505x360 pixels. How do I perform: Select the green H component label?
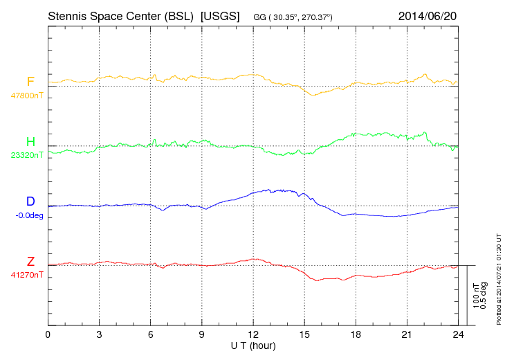pyautogui.click(x=30, y=142)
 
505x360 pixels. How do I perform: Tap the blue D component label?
pyautogui.click(x=30, y=202)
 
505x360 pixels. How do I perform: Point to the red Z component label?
pyautogui.click(x=30, y=262)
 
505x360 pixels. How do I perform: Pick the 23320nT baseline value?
pyautogui.click(x=26, y=155)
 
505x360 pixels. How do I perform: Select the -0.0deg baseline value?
pyautogui.click(x=29, y=215)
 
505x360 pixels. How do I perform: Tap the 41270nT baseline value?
pyautogui.click(x=26, y=275)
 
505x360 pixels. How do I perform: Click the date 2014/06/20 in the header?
pyautogui.click(x=427, y=15)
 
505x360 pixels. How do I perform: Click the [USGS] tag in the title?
pyautogui.click(x=219, y=15)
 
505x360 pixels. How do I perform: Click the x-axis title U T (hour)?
pyautogui.click(x=253, y=345)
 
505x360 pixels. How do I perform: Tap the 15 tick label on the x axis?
pyautogui.click(x=304, y=335)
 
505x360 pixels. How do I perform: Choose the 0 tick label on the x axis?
pyautogui.click(x=48, y=335)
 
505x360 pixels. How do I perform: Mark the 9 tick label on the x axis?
pyautogui.click(x=202, y=335)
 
